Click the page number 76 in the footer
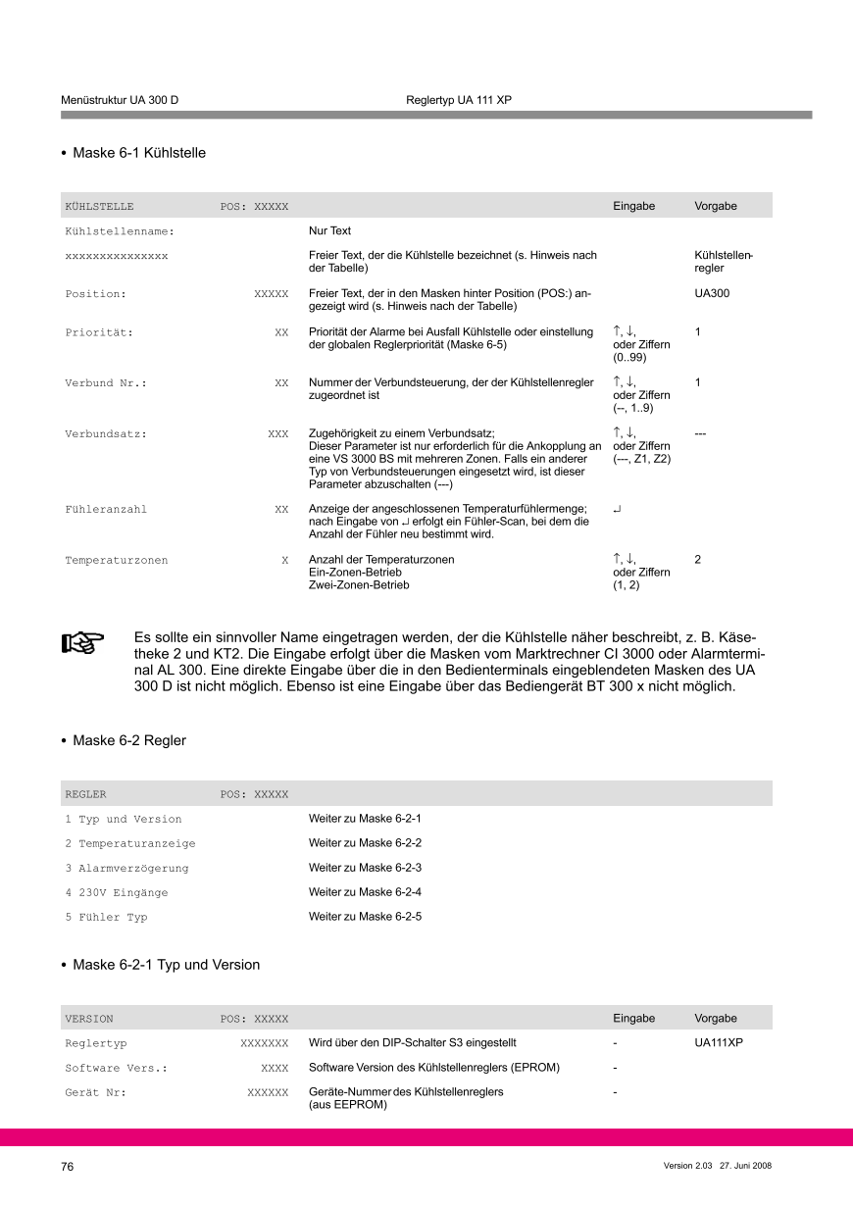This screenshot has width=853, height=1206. [x=68, y=1166]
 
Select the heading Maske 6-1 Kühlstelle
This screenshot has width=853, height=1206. [x=139, y=153]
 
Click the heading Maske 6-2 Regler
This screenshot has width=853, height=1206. [x=129, y=740]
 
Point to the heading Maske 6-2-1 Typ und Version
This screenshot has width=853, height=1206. [x=166, y=965]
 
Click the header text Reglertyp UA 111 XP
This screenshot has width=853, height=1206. [x=459, y=101]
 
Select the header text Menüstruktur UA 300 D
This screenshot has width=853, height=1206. [x=120, y=101]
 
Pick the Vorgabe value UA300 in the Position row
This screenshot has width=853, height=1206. [x=712, y=293]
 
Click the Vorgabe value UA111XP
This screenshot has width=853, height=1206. [x=719, y=1042]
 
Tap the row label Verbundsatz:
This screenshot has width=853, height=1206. [x=106, y=432]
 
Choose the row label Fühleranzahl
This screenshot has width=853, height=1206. [x=106, y=509]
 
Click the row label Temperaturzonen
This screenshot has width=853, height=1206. [x=117, y=560]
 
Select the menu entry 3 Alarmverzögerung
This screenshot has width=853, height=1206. [x=126, y=868]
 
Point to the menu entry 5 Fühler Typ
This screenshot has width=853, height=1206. [x=106, y=917]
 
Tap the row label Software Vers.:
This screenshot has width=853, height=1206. [x=117, y=1068]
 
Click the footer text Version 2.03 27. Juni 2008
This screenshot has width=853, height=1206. [x=718, y=1166]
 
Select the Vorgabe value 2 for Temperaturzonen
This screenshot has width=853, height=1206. [x=698, y=560]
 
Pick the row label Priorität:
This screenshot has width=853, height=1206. [x=99, y=332]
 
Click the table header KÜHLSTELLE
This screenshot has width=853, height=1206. [x=99, y=206]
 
